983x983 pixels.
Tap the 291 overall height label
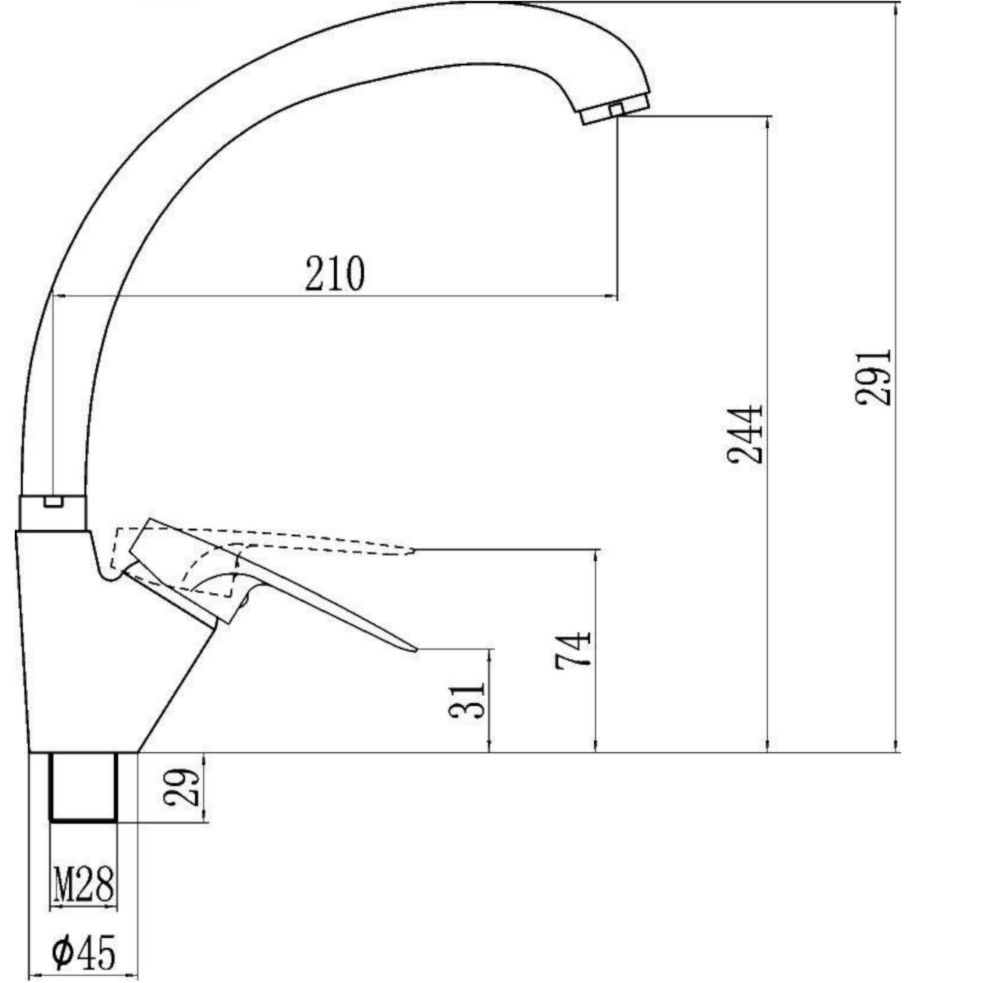[873, 377]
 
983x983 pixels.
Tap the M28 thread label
[84, 885]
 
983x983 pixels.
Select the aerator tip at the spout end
[616, 109]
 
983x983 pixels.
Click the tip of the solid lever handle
[414, 650]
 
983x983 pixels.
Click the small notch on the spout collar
[54, 502]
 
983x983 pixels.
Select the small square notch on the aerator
[616, 109]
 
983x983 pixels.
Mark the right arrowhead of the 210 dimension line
[613, 295]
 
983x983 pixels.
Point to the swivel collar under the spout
[54, 512]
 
